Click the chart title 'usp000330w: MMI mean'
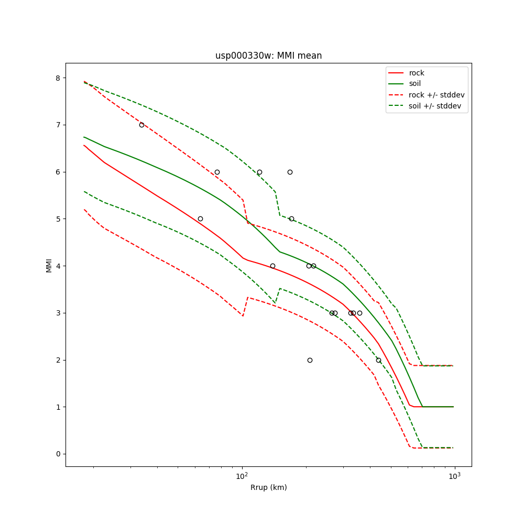click(268, 56)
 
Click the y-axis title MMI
click(49, 265)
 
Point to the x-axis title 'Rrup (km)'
click(268, 487)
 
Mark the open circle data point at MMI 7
click(141, 125)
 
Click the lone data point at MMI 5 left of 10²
click(200, 219)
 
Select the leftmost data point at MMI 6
click(217, 172)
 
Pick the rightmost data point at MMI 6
click(290, 172)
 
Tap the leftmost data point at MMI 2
click(310, 360)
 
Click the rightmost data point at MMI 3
click(359, 313)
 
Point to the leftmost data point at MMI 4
click(272, 266)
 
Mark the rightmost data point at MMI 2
click(378, 360)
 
